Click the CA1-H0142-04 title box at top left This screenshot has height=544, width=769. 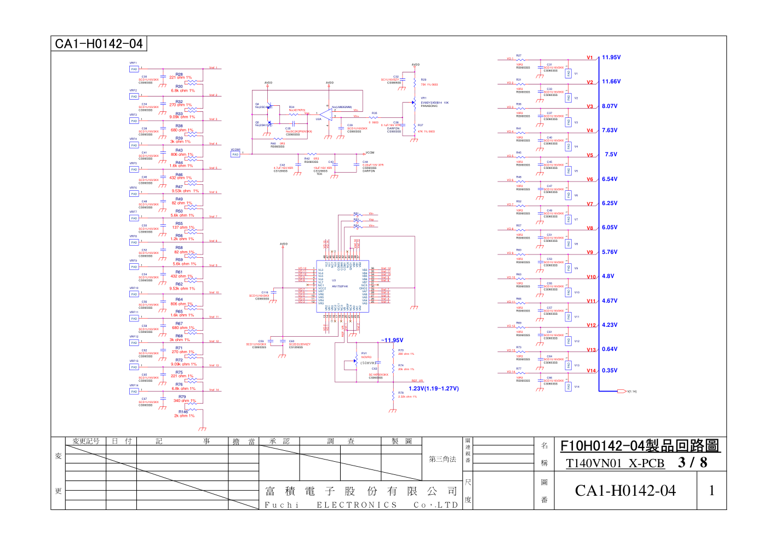tap(99, 44)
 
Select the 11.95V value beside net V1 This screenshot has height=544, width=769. tap(611, 58)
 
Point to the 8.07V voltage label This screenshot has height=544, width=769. tap(610, 106)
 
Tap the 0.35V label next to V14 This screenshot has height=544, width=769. tap(610, 371)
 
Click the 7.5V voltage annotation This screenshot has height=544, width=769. tap(611, 155)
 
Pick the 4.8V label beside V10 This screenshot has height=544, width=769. tap(608, 276)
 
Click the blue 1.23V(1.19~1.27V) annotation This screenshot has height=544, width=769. tap(434, 389)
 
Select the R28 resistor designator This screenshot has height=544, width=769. tap(179, 74)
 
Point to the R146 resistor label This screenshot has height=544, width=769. tap(183, 412)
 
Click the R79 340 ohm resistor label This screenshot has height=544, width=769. tap(182, 397)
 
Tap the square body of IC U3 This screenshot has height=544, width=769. tap(342, 286)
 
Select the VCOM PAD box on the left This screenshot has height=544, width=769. tap(236, 155)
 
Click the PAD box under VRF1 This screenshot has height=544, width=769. tap(134, 69)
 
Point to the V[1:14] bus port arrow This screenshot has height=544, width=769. tap(622, 392)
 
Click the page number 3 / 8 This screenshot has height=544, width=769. tap(692, 463)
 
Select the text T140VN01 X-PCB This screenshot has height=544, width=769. tap(615, 463)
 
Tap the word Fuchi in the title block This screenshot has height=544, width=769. tap(282, 505)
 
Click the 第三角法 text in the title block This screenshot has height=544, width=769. tap(442, 460)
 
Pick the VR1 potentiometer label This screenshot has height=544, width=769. tap(423, 98)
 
